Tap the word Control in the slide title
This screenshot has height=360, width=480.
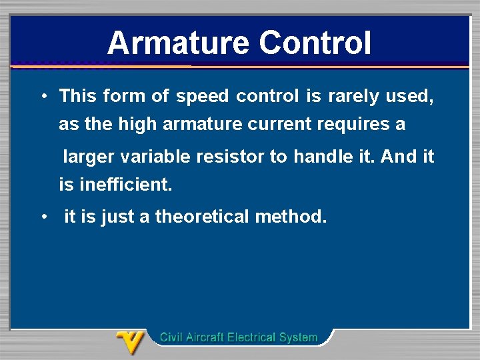[x=315, y=43]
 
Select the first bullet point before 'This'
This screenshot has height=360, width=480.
[x=42, y=96]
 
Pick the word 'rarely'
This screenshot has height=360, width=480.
[x=353, y=97]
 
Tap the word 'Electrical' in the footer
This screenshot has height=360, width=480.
[x=251, y=337]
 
